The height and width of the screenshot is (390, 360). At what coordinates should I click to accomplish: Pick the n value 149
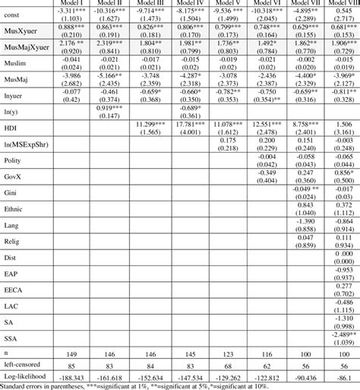[x=71, y=352]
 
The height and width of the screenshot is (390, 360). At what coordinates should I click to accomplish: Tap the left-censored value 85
[x=71, y=363]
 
